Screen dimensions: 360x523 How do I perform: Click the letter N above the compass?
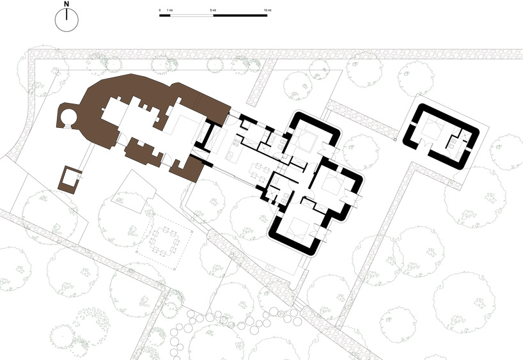click(x=66, y=5)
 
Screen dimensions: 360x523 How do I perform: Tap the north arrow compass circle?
click(x=66, y=21)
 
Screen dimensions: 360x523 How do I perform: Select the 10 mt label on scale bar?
click(x=267, y=10)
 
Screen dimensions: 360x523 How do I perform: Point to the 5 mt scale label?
click(x=212, y=10)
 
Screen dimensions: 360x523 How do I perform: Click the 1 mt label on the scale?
click(x=169, y=10)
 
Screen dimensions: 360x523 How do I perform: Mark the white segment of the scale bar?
click(x=191, y=15)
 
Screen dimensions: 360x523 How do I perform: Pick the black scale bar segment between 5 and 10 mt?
click(x=240, y=15)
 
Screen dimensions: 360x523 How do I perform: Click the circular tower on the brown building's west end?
click(x=67, y=118)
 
